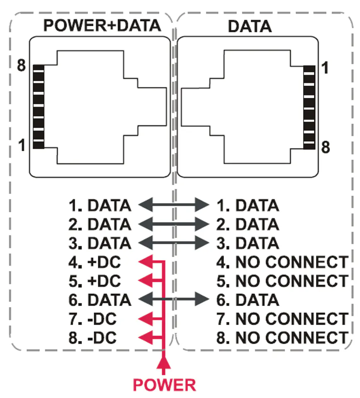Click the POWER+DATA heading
coord(102,26)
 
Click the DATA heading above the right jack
coord(250,26)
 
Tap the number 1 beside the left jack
coord(22,145)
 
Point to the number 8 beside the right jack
coord(326,147)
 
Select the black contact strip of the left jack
coord(38,107)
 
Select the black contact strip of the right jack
coord(309,107)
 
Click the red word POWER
coord(164,385)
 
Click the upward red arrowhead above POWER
coord(165,364)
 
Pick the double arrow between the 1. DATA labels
coord(173,205)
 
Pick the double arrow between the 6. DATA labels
coord(173,299)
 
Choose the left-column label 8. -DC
coord(93,338)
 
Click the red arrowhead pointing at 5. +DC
coord(145,281)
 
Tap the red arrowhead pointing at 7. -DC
coord(145,319)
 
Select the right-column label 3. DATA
coord(248,243)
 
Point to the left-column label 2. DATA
coord(100,224)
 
